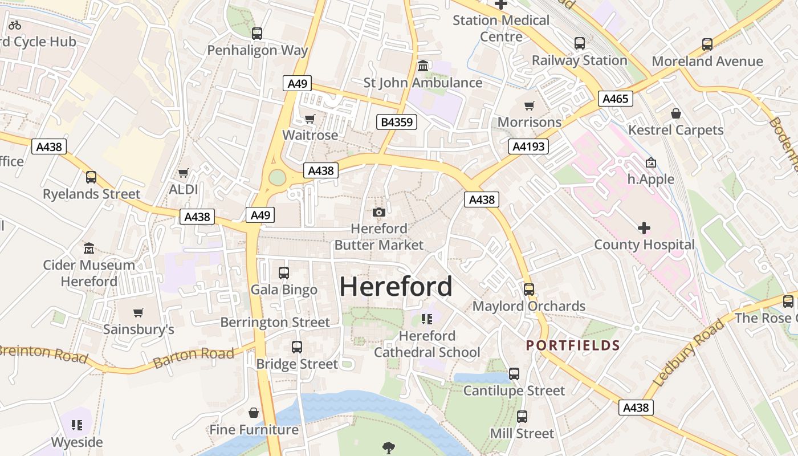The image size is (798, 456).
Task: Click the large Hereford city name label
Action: tap(396, 286)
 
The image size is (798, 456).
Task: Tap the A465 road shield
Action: tap(616, 99)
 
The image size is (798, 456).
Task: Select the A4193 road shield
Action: tap(528, 146)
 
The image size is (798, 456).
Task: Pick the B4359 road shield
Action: tap(397, 121)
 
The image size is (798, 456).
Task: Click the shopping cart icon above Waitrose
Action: tap(310, 119)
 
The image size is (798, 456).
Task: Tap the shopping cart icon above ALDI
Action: tap(183, 173)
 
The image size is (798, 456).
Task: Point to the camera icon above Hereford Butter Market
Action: tap(378, 213)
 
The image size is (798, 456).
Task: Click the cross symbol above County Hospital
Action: tap(644, 229)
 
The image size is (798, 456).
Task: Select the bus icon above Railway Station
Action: tap(579, 43)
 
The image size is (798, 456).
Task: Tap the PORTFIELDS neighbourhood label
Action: tap(573, 345)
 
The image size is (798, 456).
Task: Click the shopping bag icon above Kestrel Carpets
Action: tap(675, 113)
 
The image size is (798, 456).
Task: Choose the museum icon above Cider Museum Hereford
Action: tap(89, 249)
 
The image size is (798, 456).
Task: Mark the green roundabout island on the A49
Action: tap(277, 178)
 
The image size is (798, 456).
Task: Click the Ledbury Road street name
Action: tap(689, 353)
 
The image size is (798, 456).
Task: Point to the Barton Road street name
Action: tap(194, 357)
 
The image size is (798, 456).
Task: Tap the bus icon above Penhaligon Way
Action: tap(257, 34)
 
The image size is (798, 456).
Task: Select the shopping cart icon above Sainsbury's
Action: tap(138, 312)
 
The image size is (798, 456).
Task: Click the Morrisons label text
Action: tap(530, 122)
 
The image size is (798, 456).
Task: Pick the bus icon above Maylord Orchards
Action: tap(529, 290)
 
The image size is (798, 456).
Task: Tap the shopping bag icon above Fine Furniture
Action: tap(254, 413)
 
